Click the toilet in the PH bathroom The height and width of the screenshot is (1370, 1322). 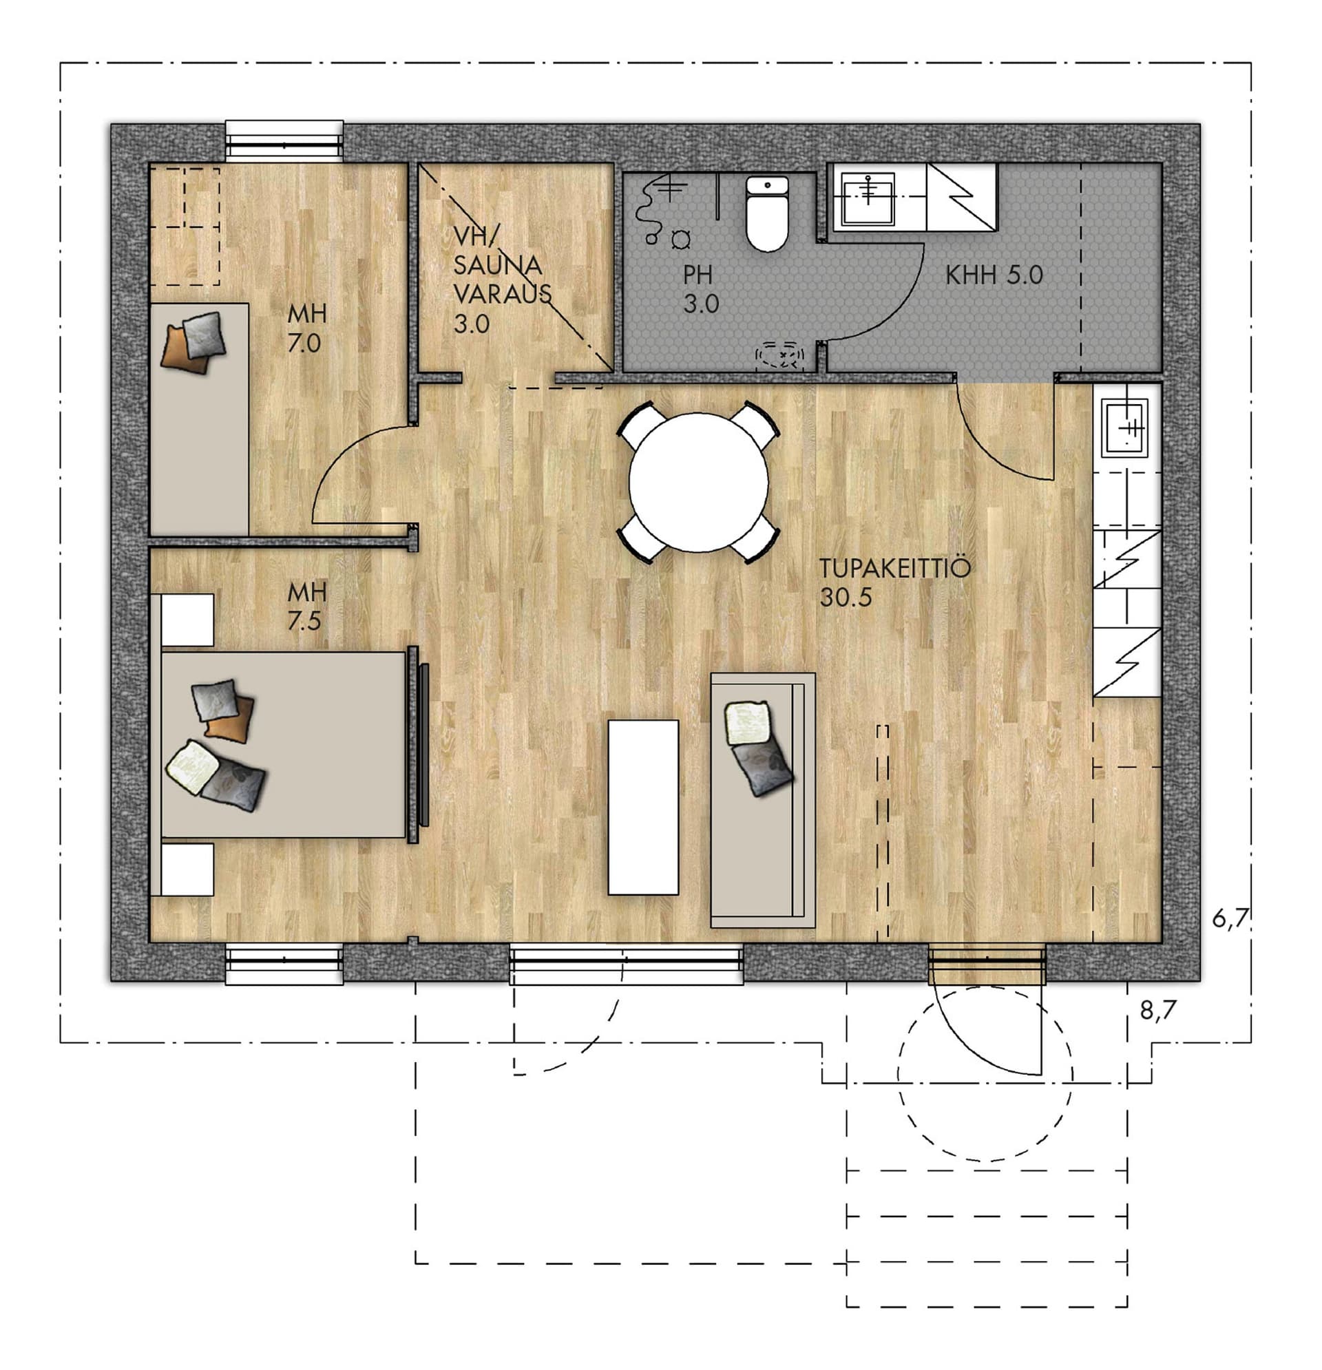(767, 213)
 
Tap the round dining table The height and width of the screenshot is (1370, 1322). (698, 483)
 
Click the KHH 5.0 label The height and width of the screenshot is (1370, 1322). (994, 275)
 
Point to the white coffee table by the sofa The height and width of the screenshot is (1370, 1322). (643, 808)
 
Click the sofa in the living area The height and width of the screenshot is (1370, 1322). (763, 801)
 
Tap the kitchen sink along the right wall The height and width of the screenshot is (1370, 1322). (1125, 427)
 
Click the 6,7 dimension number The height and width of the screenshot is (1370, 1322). (1230, 918)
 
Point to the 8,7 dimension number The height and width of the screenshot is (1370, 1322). (1157, 1009)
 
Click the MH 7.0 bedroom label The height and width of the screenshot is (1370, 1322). (306, 328)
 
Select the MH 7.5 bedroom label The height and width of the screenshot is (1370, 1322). (306, 606)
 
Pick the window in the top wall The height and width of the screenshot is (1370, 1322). (284, 142)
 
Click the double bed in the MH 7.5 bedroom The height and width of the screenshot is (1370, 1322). (283, 744)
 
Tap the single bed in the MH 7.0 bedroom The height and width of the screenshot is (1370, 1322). (200, 419)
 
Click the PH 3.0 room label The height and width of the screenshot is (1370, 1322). (700, 289)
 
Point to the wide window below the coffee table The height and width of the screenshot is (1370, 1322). (627, 964)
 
